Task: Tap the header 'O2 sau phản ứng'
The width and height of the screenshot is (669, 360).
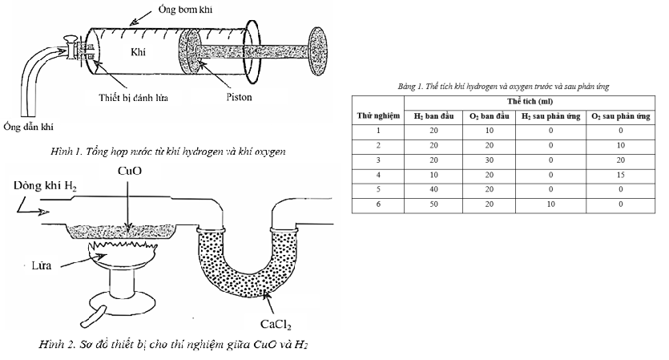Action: click(619, 117)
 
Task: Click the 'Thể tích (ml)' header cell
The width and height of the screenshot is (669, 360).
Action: click(527, 102)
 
